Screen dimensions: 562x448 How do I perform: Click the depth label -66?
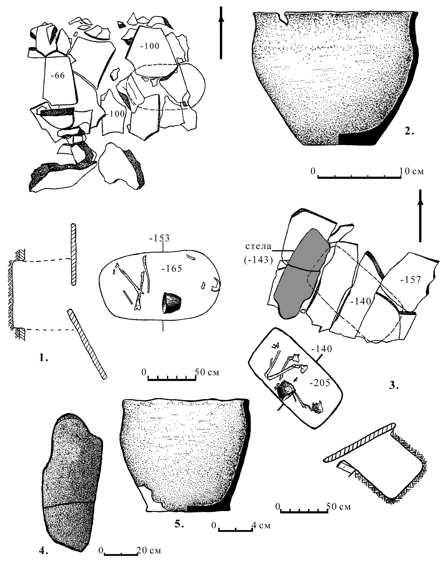pyautogui.click(x=58, y=76)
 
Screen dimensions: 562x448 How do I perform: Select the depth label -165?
pyautogui.click(x=172, y=268)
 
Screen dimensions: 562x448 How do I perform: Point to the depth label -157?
pyautogui.click(x=410, y=280)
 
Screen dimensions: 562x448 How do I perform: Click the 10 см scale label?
pyautogui.click(x=411, y=171)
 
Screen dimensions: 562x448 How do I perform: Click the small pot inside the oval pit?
pyautogui.click(x=171, y=303)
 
